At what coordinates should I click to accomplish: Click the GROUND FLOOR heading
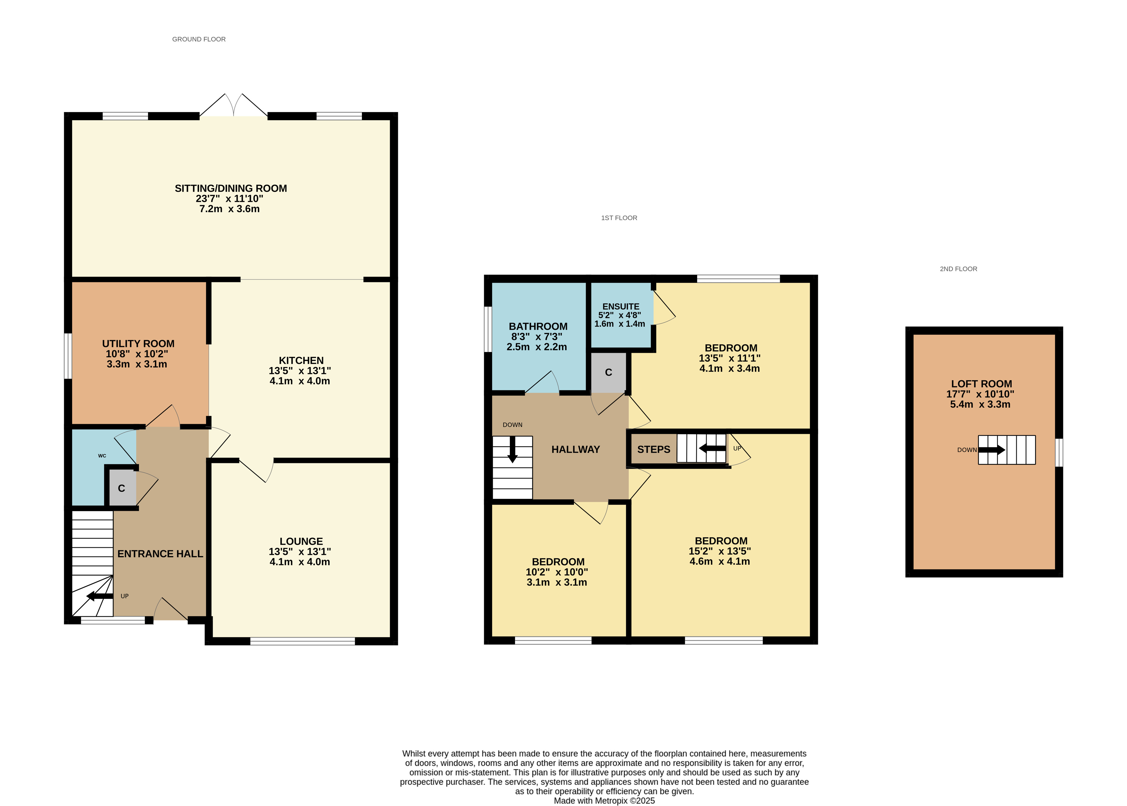(199, 39)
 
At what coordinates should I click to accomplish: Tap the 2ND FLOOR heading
(958, 269)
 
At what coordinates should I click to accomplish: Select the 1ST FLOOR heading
(619, 218)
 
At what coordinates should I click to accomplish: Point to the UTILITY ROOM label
(138, 344)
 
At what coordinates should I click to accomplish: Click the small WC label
(102, 456)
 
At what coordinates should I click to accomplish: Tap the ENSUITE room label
(621, 307)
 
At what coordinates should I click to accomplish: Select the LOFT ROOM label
(981, 384)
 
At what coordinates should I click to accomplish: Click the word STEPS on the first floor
(653, 450)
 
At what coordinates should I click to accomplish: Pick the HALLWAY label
(575, 450)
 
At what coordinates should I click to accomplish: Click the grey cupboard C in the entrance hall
(122, 488)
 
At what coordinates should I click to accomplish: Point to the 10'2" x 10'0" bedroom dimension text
(557, 572)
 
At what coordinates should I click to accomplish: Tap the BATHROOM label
(538, 327)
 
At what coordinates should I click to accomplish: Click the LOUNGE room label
(301, 541)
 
